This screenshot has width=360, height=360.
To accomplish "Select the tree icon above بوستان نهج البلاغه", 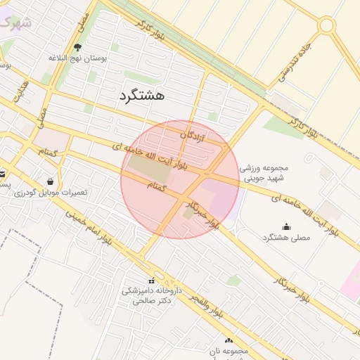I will (77, 47).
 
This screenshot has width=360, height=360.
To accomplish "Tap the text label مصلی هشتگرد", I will (285, 238).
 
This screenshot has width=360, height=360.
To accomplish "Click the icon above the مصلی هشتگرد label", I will (286, 226).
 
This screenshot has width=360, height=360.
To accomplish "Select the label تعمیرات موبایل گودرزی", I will (49, 193).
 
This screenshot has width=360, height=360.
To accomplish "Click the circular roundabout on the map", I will (326, 26).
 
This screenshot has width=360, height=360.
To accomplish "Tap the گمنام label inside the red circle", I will (160, 186).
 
